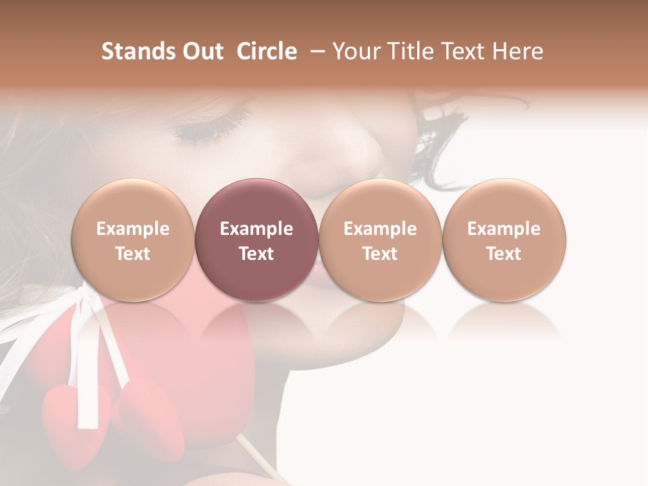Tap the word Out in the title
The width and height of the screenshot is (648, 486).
click(201, 51)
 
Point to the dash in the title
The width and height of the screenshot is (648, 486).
click(315, 52)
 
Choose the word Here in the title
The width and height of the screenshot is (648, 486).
click(519, 51)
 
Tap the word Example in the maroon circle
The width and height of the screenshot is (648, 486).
click(256, 229)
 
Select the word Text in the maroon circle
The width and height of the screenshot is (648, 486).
click(256, 254)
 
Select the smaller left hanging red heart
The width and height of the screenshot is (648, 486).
click(66, 412)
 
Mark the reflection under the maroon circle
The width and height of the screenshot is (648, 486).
click(256, 321)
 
